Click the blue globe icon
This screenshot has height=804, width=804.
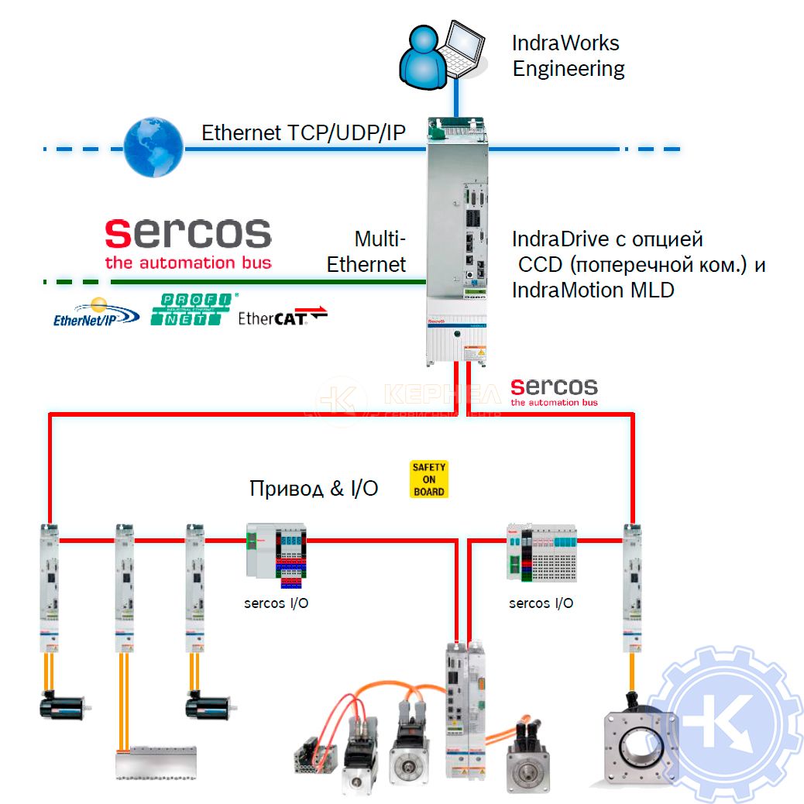click(153, 148)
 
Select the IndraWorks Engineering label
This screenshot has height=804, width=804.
click(568, 55)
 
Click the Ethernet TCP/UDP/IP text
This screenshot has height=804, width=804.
click(303, 132)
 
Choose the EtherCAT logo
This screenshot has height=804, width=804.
click(282, 316)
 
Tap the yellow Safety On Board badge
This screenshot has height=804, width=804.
click(428, 479)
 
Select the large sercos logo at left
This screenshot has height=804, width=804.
click(188, 242)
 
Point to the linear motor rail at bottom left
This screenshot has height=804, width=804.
click(156, 762)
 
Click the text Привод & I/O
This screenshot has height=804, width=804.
click(314, 488)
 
